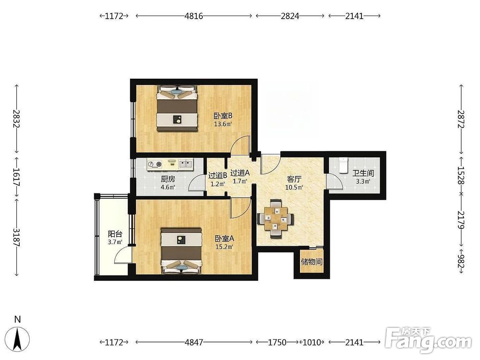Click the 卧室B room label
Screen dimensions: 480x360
223,116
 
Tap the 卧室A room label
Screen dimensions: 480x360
224,239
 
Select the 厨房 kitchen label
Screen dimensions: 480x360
168,179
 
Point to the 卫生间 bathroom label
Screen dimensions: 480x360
363,173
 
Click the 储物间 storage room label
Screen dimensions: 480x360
312,262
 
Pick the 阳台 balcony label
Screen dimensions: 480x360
115,234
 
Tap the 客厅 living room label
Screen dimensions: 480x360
294,179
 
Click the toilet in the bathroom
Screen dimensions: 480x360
344,165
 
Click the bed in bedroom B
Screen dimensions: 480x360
177,108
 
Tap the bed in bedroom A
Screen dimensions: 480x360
181,251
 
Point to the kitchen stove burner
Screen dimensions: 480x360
154,165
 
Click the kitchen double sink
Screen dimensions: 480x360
185,164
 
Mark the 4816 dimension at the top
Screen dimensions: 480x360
194,16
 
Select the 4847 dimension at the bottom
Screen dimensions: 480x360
194,342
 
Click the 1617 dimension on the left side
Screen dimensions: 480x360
16,177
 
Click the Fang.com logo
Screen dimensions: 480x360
429,340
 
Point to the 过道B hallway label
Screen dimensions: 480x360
217,176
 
